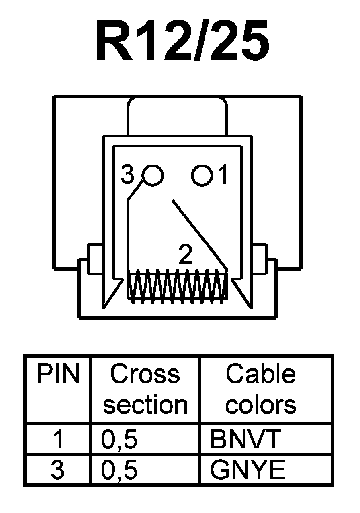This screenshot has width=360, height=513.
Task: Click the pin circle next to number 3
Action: click(153, 175)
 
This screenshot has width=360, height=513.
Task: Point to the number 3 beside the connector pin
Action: click(127, 175)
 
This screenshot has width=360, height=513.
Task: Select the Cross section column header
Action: click(145, 389)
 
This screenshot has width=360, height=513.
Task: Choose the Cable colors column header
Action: click(261, 389)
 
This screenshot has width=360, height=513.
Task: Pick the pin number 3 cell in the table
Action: click(58, 470)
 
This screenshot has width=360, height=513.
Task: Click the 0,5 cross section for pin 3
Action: click(120, 470)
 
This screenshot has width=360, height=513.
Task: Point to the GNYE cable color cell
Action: click(247, 470)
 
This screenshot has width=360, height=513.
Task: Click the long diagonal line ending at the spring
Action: click(199, 233)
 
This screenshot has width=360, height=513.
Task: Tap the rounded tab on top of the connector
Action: click(177, 116)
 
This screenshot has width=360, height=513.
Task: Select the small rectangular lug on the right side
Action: click(259, 259)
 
